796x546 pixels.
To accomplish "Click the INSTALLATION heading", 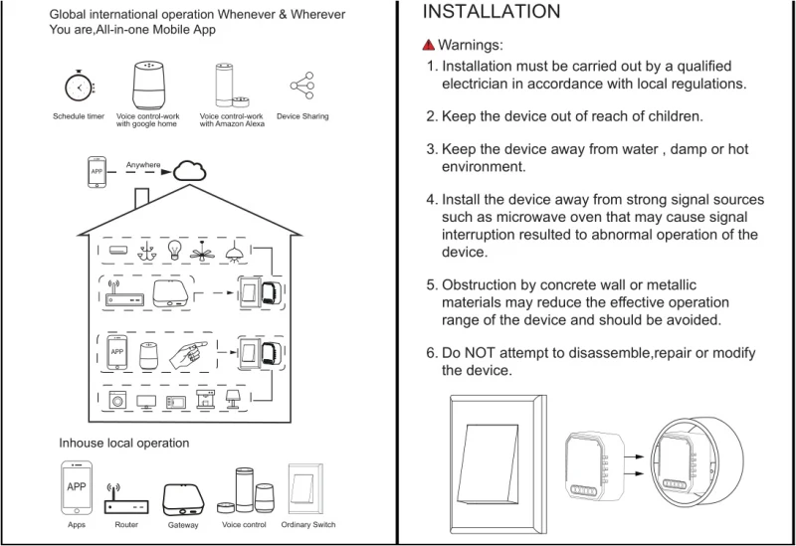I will (492, 13).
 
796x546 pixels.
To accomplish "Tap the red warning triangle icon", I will (429, 46).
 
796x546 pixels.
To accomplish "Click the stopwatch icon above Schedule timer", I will (78, 87).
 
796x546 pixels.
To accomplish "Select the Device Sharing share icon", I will (301, 87).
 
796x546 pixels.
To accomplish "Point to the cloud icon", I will (191, 170).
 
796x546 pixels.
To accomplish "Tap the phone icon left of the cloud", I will (97, 170).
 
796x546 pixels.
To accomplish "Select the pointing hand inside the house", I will (190, 352).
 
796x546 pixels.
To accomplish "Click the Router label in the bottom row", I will (126, 523).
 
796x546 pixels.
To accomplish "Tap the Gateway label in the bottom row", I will (183, 524).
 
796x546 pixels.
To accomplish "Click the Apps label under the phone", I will (77, 523).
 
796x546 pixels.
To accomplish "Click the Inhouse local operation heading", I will (123, 443).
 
